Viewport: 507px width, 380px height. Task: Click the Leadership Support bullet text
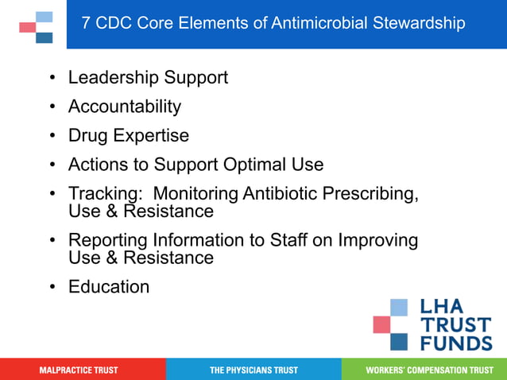pos(148,78)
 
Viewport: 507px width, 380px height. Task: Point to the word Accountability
pos(125,107)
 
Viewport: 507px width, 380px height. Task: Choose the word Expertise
pos(151,136)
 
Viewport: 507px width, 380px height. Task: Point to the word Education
pos(109,287)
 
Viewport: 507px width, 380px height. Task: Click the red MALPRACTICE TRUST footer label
pos(79,370)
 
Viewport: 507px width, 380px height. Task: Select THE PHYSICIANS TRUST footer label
pos(253,370)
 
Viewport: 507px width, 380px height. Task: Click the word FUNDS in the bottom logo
pos(455,343)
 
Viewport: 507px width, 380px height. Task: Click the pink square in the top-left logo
pos(28,27)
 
